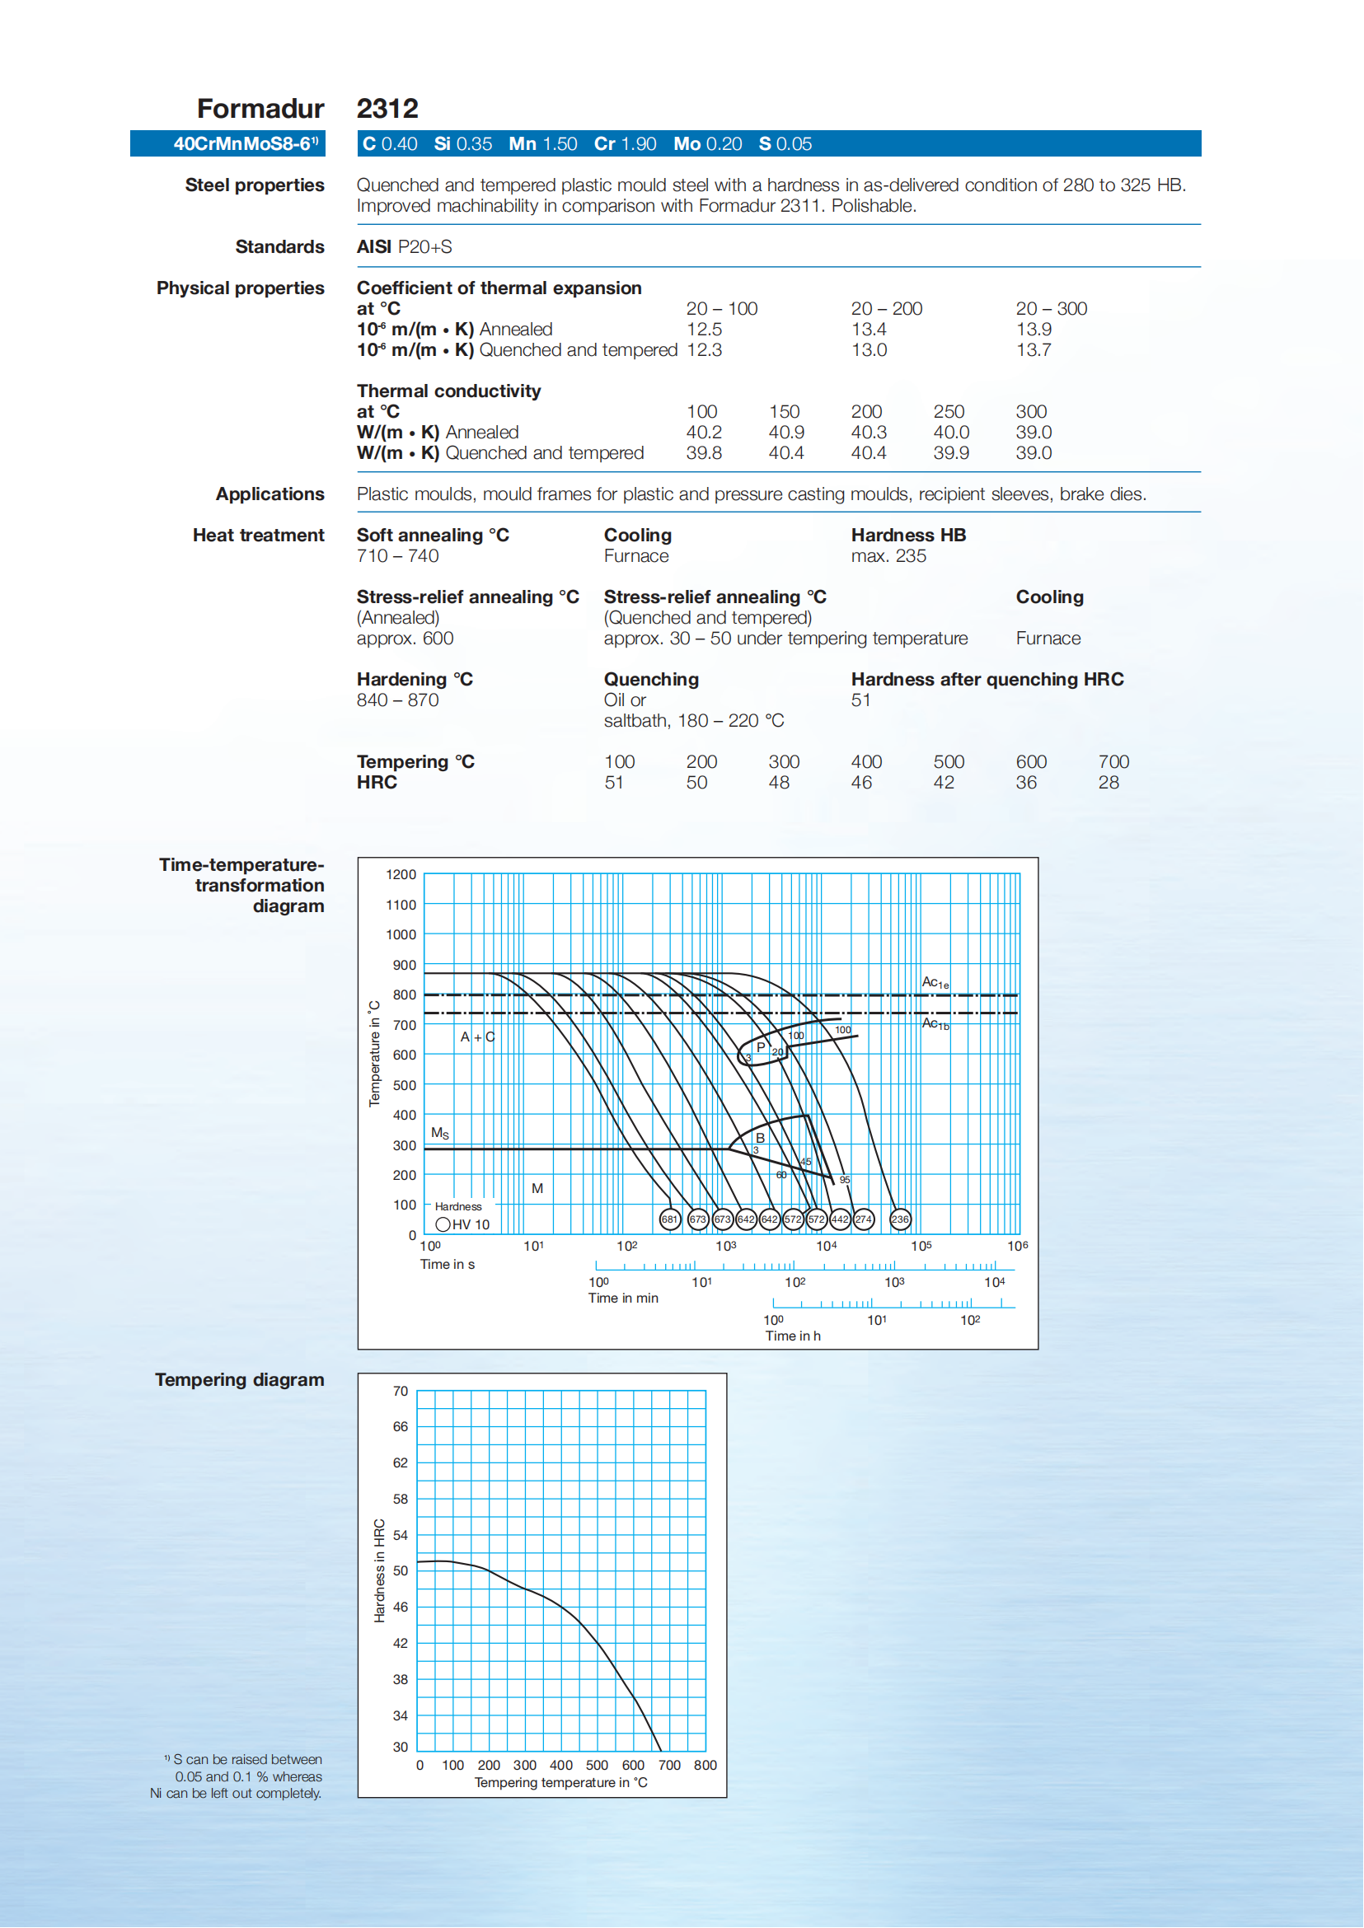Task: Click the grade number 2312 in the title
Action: pos(387,108)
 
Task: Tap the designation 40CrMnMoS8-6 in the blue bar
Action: pos(245,143)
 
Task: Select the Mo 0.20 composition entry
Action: pos(707,143)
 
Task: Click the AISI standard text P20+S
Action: pos(424,247)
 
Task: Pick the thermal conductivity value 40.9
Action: pos(786,433)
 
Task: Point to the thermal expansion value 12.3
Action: pos(704,350)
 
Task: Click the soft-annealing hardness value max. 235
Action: pos(888,556)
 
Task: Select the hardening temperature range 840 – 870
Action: pos(397,700)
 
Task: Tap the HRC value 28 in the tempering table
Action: pos(1109,783)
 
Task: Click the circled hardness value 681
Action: pos(669,1219)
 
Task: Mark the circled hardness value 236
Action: pos(899,1219)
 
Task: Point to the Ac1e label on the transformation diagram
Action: pos(935,982)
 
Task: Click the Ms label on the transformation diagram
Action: pos(440,1134)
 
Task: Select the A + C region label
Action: pos(477,1037)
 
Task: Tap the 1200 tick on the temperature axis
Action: pos(401,875)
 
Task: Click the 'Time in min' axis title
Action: pos(623,1299)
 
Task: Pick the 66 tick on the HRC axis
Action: pos(401,1427)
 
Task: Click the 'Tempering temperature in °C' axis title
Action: pos(560,1783)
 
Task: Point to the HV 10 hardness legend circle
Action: pos(443,1224)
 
